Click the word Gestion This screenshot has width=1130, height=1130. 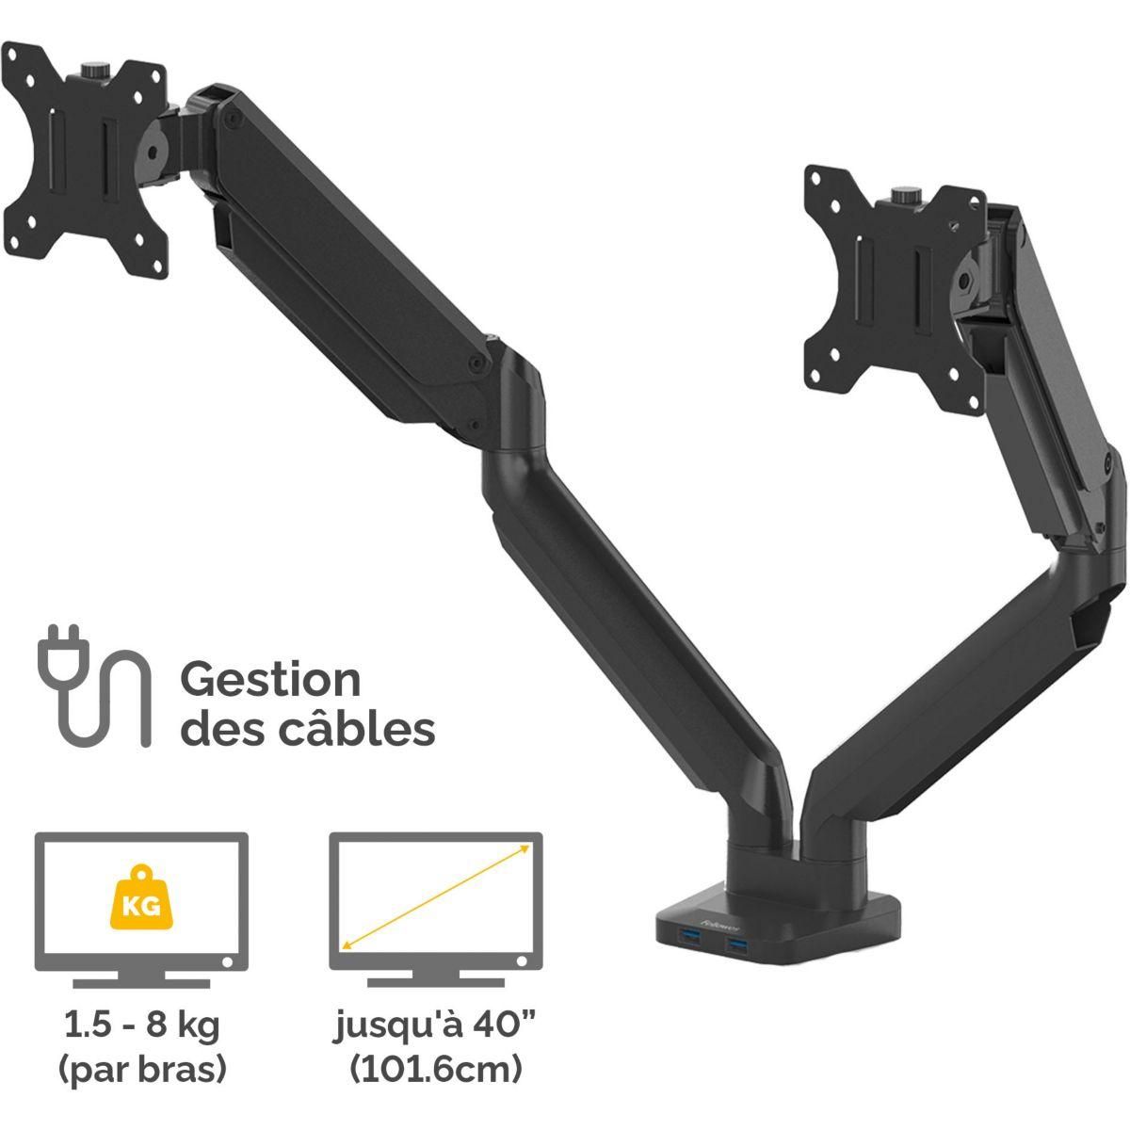270,681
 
